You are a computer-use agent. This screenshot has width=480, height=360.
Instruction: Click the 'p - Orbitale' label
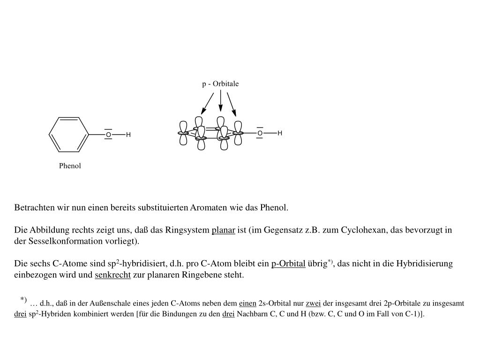pos(220,84)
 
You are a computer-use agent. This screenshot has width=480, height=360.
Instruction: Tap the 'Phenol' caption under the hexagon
pos(70,166)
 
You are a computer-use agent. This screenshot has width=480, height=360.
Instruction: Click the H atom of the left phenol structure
pos(128,135)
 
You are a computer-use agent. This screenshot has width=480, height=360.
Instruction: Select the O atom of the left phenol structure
pos(108,135)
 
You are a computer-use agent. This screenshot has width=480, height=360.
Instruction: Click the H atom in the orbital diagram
pos(280,133)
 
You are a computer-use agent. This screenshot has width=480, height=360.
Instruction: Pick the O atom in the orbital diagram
pos(260,133)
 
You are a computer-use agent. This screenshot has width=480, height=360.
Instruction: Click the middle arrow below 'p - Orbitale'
pos(220,101)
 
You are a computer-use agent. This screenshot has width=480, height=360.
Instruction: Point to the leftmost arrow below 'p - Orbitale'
pos(207,104)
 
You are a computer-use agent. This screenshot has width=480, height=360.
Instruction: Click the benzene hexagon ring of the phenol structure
pos(69,135)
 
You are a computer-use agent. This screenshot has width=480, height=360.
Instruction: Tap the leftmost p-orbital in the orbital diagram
pos(183,133)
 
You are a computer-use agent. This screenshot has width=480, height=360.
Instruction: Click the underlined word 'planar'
pos(223,231)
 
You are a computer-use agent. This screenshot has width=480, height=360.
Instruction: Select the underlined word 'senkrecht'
pos(112,275)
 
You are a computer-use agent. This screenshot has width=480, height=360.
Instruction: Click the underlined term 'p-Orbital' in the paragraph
pos(288,264)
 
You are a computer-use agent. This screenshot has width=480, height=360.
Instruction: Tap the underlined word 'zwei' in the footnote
pos(313,304)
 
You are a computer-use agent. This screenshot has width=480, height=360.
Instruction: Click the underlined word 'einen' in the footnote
pos(247,304)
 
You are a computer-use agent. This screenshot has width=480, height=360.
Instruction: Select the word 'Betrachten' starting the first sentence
pos(33,208)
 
